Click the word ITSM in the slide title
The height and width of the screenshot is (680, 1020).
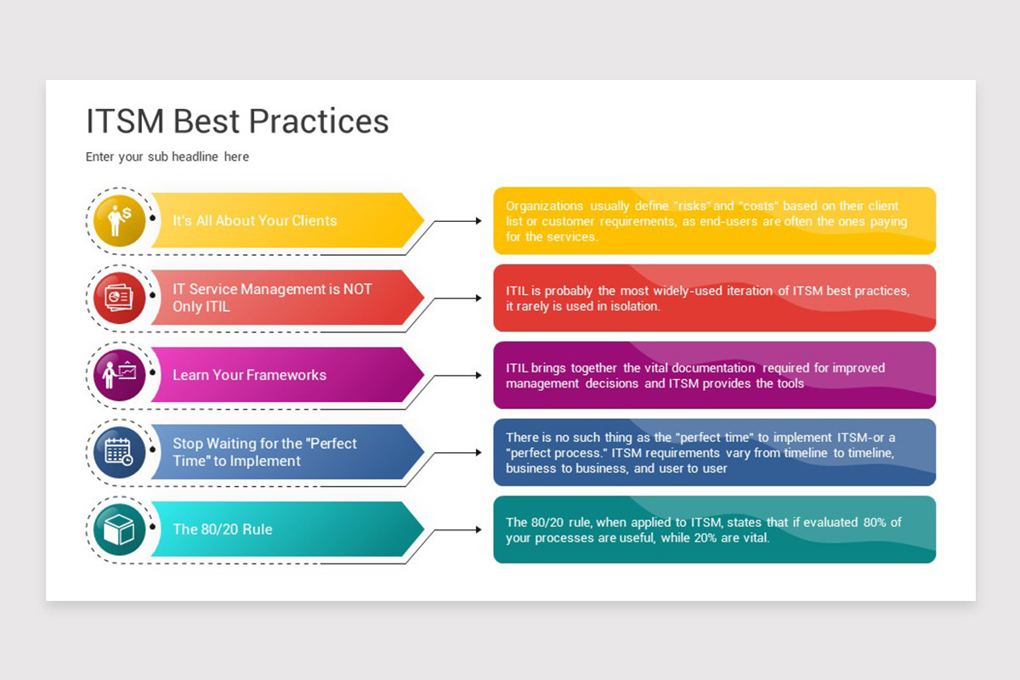point(125,122)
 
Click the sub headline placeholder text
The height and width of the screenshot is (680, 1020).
point(167,156)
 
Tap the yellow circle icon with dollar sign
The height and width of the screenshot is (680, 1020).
point(119,221)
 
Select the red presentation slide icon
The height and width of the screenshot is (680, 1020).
point(119,297)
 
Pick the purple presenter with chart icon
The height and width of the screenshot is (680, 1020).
point(119,375)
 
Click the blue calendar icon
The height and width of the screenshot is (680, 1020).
point(119,452)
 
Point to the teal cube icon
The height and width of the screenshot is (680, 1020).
point(119,530)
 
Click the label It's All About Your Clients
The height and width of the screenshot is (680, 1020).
point(254,221)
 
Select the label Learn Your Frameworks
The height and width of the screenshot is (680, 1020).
point(249,375)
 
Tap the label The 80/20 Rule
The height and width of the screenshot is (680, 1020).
point(222,530)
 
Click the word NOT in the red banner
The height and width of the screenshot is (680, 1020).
point(358,289)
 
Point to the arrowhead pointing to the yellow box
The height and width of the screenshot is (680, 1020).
point(479,221)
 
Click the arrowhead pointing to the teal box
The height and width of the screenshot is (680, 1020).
point(479,530)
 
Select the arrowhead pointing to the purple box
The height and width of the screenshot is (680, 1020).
point(479,376)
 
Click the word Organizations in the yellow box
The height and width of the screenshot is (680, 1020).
point(544,207)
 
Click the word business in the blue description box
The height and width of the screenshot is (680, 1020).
point(531,468)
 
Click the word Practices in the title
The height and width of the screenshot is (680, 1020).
point(319,122)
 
